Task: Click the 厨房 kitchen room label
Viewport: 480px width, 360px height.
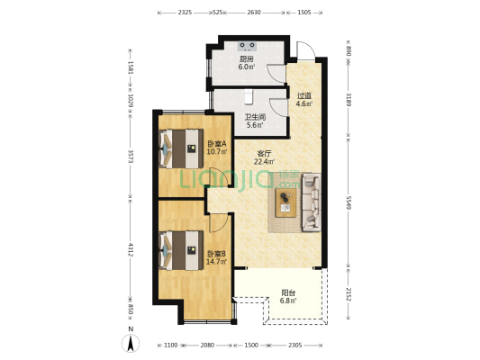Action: (247, 59)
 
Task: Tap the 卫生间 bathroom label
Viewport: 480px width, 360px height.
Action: (255, 117)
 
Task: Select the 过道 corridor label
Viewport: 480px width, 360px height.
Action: (304, 95)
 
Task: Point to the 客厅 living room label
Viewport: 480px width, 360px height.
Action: (264, 153)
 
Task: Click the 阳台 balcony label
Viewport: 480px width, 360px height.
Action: (288, 292)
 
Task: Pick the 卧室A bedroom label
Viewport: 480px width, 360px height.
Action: (217, 143)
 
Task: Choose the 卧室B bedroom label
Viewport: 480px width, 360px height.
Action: (217, 254)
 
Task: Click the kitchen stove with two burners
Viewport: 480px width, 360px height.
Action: (247, 46)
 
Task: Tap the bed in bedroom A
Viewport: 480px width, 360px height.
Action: (181, 148)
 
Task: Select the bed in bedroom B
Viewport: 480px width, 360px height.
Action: (181, 250)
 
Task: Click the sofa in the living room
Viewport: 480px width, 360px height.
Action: (312, 202)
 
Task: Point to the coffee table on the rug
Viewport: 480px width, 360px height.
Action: (285, 202)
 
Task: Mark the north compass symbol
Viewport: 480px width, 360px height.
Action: (131, 341)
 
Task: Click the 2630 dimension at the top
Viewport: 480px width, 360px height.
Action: (254, 13)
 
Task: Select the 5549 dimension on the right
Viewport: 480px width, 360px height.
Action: (349, 202)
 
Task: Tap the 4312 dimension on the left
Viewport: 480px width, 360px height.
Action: (131, 250)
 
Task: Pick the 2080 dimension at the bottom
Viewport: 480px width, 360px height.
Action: (207, 346)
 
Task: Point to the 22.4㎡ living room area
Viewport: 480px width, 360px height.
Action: (264, 161)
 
